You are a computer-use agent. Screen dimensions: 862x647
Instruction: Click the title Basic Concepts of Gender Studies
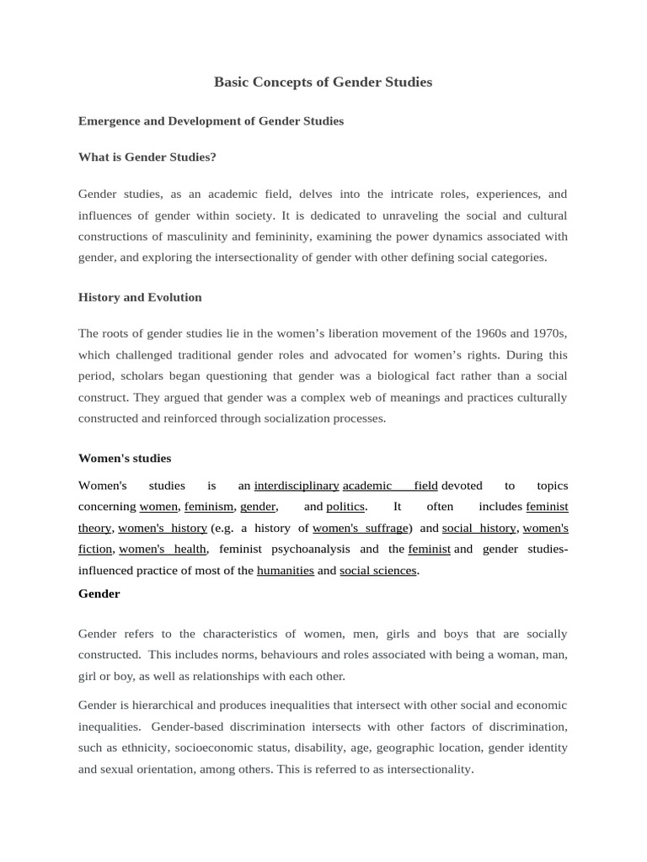point(323,82)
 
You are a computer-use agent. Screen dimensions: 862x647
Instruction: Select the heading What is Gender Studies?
point(147,157)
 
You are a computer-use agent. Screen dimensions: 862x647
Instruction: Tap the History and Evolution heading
point(140,297)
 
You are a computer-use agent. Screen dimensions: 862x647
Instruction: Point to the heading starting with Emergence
point(211,121)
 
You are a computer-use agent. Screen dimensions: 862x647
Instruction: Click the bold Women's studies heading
point(125,459)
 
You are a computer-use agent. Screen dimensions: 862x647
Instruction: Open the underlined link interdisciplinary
point(297,486)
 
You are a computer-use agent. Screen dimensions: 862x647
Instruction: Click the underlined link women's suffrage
point(361,529)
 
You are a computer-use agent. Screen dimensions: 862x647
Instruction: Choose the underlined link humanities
point(285,571)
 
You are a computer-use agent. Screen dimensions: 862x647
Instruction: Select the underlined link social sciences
point(378,571)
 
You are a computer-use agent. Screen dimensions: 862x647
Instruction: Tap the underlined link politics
point(345,507)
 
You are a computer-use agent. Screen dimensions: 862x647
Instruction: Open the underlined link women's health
point(163,550)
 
